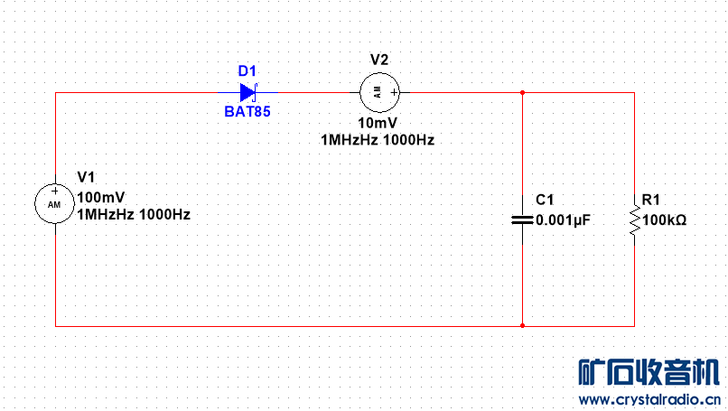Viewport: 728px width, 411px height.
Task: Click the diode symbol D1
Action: pyautogui.click(x=248, y=92)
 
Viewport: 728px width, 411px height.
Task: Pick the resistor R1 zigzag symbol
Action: pyautogui.click(x=634, y=220)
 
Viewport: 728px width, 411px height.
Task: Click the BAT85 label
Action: pyautogui.click(x=247, y=113)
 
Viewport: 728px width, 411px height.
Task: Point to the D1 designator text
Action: pyautogui.click(x=247, y=71)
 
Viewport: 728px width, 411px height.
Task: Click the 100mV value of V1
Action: pyautogui.click(x=102, y=198)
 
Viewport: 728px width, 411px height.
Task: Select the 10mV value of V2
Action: pyautogui.click(x=378, y=124)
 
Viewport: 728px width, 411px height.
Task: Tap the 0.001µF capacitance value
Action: pyautogui.click(x=563, y=220)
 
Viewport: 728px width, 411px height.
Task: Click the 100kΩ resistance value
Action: pyautogui.click(x=664, y=220)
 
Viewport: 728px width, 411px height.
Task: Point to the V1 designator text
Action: pyautogui.click(x=87, y=176)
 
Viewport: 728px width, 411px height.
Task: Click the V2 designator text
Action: pyautogui.click(x=379, y=60)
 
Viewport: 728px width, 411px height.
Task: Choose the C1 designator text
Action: pyautogui.click(x=545, y=200)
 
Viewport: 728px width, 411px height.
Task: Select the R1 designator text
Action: pyautogui.click(x=650, y=200)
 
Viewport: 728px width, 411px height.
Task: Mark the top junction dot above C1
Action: pyautogui.click(x=522, y=92)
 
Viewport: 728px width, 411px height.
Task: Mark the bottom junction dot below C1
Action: pyautogui.click(x=522, y=325)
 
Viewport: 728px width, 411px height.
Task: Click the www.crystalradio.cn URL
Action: pyautogui.click(x=649, y=399)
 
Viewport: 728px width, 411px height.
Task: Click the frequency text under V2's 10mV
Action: pyautogui.click(x=378, y=140)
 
